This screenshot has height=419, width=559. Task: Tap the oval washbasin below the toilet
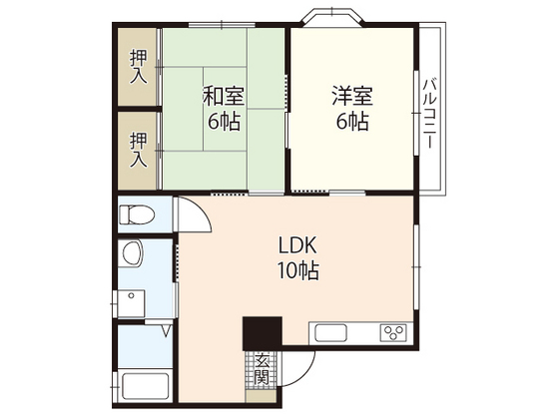point(132,255)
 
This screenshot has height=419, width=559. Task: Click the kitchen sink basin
point(332,333)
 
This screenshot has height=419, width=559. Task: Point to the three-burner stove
point(392,333)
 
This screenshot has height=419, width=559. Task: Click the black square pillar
point(263,333)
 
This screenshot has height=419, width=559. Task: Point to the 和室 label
point(224,98)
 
